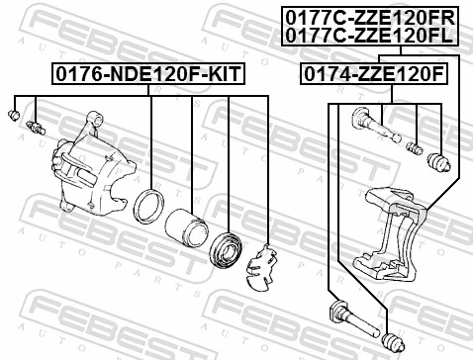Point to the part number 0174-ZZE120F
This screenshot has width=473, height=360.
(373, 73)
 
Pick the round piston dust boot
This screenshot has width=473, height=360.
(228, 248)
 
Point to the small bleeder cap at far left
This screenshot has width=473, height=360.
(14, 116)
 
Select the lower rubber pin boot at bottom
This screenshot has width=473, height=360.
(392, 340)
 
